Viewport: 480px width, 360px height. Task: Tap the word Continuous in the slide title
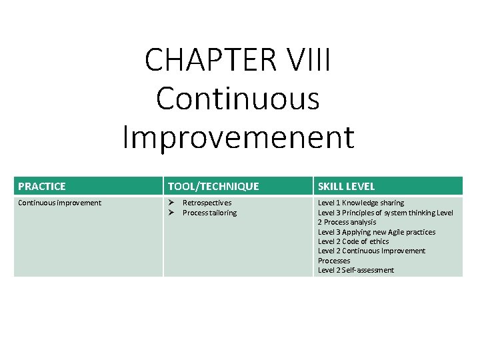click(x=238, y=98)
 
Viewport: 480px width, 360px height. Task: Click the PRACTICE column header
click(x=42, y=187)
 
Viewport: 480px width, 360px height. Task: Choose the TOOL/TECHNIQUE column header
click(x=213, y=187)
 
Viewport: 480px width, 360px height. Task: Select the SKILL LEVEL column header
click(x=346, y=187)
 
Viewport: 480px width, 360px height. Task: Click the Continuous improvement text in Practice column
click(x=59, y=203)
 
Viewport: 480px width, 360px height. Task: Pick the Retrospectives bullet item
click(x=207, y=203)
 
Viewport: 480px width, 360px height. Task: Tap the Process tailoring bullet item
click(x=209, y=213)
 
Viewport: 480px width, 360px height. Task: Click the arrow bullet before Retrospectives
click(x=171, y=203)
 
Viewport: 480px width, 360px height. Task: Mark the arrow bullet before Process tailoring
click(x=171, y=213)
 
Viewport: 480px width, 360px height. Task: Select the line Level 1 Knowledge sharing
click(x=361, y=203)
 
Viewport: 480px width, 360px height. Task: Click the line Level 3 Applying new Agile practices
click(x=376, y=232)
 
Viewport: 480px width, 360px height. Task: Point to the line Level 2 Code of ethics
click(x=353, y=241)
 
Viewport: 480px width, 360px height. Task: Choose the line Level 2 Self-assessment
click(x=356, y=270)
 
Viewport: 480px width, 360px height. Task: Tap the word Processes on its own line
click(x=334, y=261)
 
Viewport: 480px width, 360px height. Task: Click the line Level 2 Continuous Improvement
click(x=371, y=251)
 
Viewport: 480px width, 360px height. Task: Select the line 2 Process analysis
click(x=347, y=222)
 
